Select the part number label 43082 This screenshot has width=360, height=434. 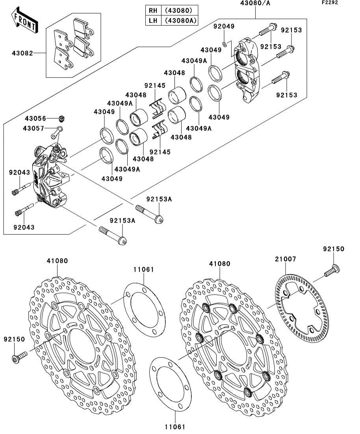(22, 53)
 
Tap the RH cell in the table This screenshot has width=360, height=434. (153, 10)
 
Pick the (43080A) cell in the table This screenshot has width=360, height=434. (180, 20)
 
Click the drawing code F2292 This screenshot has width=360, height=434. (330, 2)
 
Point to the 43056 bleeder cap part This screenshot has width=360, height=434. (62, 118)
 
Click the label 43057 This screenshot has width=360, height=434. (33, 128)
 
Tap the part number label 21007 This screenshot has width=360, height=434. (286, 259)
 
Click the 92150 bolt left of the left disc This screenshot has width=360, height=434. (19, 356)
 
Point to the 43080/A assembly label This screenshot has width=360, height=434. (255, 3)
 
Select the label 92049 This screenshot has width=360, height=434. (224, 26)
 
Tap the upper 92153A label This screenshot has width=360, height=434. (159, 199)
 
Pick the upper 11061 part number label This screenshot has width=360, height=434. (143, 269)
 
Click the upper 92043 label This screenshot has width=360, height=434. (19, 172)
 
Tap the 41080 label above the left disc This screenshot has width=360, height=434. (57, 261)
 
